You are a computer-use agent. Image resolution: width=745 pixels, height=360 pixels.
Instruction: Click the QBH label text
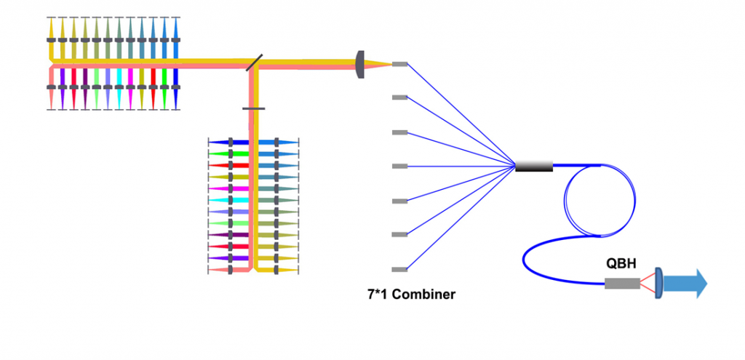coord(622,264)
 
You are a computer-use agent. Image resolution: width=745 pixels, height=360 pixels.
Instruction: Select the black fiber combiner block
coord(534,167)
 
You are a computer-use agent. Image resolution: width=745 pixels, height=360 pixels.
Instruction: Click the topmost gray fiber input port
coord(399,64)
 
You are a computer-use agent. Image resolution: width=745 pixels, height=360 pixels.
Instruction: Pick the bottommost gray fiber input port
coord(399,269)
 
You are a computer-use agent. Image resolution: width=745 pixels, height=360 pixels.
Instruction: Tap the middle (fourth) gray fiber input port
coord(399,167)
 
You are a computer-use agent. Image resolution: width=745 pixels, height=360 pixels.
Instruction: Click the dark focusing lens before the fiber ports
coord(359,64)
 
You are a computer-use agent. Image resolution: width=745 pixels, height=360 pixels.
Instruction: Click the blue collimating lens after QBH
coord(658,283)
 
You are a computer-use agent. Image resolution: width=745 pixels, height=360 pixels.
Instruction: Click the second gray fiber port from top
coord(399,97)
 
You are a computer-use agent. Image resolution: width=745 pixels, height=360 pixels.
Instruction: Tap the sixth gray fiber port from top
coord(399,234)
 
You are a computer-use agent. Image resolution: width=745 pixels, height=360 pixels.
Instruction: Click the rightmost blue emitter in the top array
coord(175,40)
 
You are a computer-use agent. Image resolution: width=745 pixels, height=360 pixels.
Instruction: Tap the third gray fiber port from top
coord(399,132)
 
